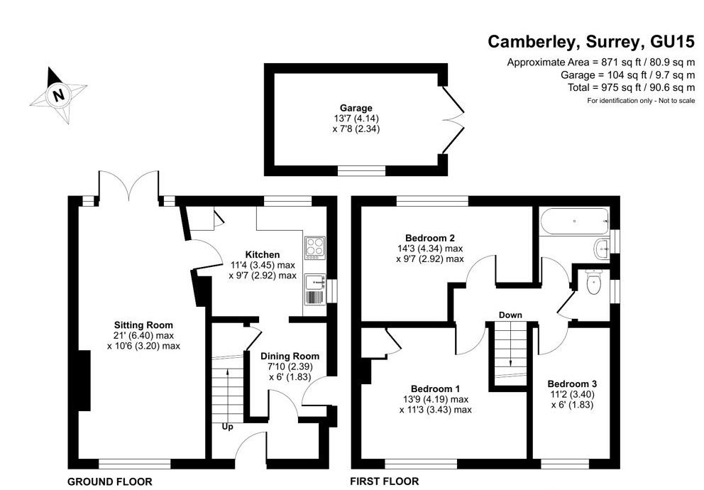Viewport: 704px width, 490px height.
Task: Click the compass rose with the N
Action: pos(59,94)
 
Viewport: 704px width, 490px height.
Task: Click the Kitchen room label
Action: pos(263,254)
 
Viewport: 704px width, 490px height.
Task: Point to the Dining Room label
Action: pos(290,356)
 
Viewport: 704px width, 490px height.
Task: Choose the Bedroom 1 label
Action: pos(436,388)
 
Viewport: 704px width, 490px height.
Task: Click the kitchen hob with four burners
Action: pos(314,246)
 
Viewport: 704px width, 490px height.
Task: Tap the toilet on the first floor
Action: pos(595,283)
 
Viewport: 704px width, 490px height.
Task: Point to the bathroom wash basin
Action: pos(602,249)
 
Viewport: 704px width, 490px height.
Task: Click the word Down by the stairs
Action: pos(510,315)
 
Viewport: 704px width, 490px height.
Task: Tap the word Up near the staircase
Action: pos(228,427)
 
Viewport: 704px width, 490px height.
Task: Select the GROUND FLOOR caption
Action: pos(109,481)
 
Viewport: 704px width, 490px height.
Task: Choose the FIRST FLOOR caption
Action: pos(385,481)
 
